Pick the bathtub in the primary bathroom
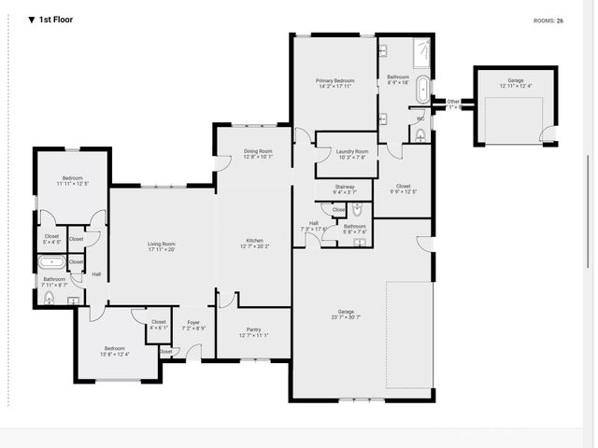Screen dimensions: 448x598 422,91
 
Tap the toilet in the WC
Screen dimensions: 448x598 420,135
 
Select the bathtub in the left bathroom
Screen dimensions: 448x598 50,262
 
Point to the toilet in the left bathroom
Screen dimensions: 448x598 50,298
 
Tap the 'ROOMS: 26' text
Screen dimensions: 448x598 548,20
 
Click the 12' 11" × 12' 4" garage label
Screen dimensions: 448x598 515,83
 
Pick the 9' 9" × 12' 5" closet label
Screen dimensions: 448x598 403,189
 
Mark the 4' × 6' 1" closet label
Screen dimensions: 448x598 159,325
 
